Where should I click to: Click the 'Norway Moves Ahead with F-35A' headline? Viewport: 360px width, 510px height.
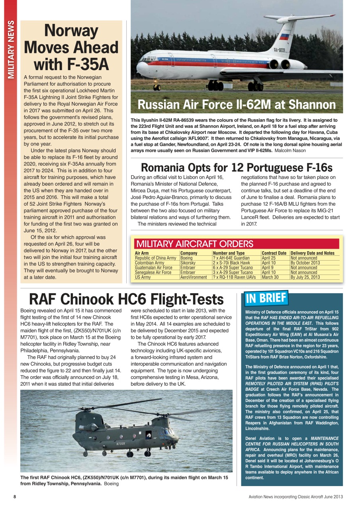71,47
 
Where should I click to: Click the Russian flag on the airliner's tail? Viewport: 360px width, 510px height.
284,37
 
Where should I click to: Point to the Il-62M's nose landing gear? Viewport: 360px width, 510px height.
157,86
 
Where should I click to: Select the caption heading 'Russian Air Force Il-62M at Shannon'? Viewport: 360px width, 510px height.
237,105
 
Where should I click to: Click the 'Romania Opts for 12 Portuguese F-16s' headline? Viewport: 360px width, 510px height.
237,167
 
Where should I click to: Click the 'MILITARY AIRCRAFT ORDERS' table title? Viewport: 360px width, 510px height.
194,244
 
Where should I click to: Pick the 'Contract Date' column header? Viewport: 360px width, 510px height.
274,253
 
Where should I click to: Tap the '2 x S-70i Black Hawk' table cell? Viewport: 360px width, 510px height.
231,263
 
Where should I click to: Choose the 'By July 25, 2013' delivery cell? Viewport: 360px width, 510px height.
305,277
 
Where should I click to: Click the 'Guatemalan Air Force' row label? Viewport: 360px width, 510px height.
153,268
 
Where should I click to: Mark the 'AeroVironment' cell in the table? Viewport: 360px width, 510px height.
194,277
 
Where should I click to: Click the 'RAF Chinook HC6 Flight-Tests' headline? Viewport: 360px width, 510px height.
126,299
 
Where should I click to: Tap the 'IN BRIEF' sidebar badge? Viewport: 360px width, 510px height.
266,298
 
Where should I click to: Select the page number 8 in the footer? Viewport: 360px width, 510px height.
15,497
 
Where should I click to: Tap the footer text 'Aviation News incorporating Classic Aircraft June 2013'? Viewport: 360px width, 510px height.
295,497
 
